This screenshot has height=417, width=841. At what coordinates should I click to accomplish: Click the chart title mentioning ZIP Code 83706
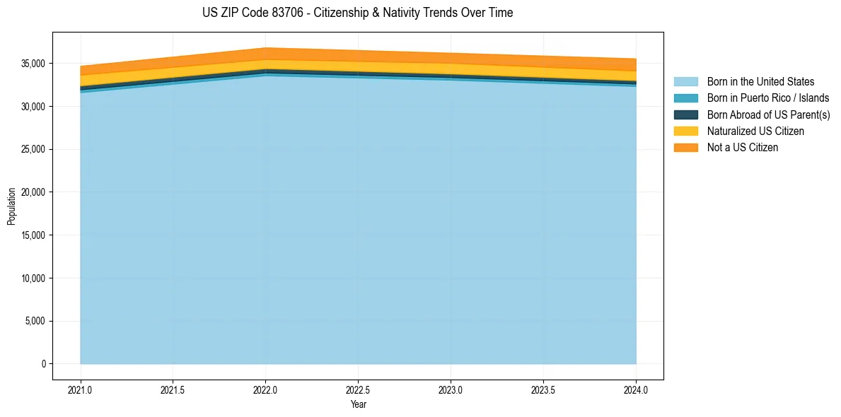pos(357,13)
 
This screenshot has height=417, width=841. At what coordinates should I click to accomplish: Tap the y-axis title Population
pos(11,206)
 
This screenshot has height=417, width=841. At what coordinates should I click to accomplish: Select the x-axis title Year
pos(358,405)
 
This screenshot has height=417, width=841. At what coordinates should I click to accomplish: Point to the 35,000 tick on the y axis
pos(33,64)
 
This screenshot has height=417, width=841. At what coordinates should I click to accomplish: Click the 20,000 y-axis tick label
pos(33,192)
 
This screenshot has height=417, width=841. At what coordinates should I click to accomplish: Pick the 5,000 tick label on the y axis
pos(35,321)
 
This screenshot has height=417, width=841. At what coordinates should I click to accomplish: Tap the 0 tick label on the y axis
pos(43,364)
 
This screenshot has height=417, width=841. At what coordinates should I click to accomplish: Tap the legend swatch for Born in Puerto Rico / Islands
pos(685,98)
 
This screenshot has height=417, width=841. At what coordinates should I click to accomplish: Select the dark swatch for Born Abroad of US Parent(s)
pos(685,114)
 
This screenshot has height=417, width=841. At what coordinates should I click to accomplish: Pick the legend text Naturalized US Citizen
pos(755,131)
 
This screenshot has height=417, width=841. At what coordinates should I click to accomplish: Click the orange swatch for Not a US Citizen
pos(685,148)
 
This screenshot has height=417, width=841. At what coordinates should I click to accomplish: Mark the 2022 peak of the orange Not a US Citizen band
pos(265,54)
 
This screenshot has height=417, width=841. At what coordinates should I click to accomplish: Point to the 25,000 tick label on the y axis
pos(33,149)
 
